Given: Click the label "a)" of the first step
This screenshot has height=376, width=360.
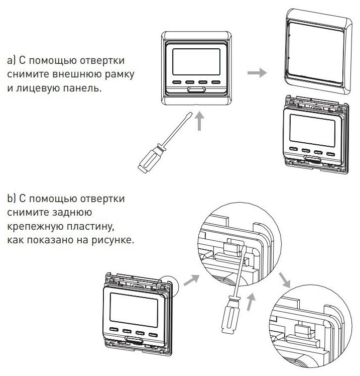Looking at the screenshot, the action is (x=12, y=61).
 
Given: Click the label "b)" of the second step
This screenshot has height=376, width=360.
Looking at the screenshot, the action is (x=12, y=198).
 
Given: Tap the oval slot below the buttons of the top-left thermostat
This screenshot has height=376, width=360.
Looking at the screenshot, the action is (x=196, y=91).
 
